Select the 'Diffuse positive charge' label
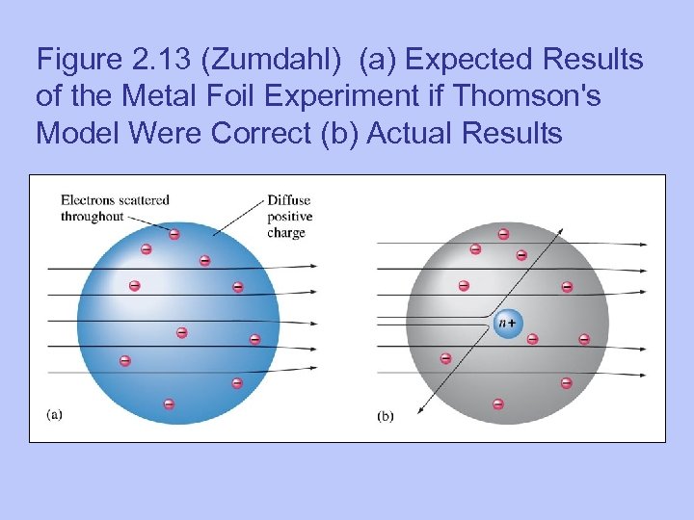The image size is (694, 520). (x=288, y=217)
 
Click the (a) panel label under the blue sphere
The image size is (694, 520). (x=55, y=414)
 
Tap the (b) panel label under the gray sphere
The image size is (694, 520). (x=385, y=416)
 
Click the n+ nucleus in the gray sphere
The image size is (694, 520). (x=506, y=323)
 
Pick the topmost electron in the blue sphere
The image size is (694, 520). (x=174, y=234)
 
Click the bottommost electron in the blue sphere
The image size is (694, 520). (x=169, y=403)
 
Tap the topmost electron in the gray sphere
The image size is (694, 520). (x=503, y=234)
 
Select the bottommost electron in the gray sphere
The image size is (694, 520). (x=498, y=403)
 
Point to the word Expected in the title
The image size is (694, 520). (x=469, y=60)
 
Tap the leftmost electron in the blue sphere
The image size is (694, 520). (x=124, y=360)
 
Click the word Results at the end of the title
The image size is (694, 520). (x=511, y=133)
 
